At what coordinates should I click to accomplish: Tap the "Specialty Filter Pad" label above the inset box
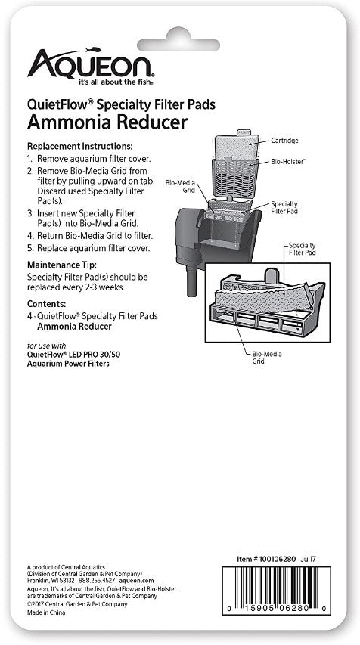pyautogui.click(x=302, y=250)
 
